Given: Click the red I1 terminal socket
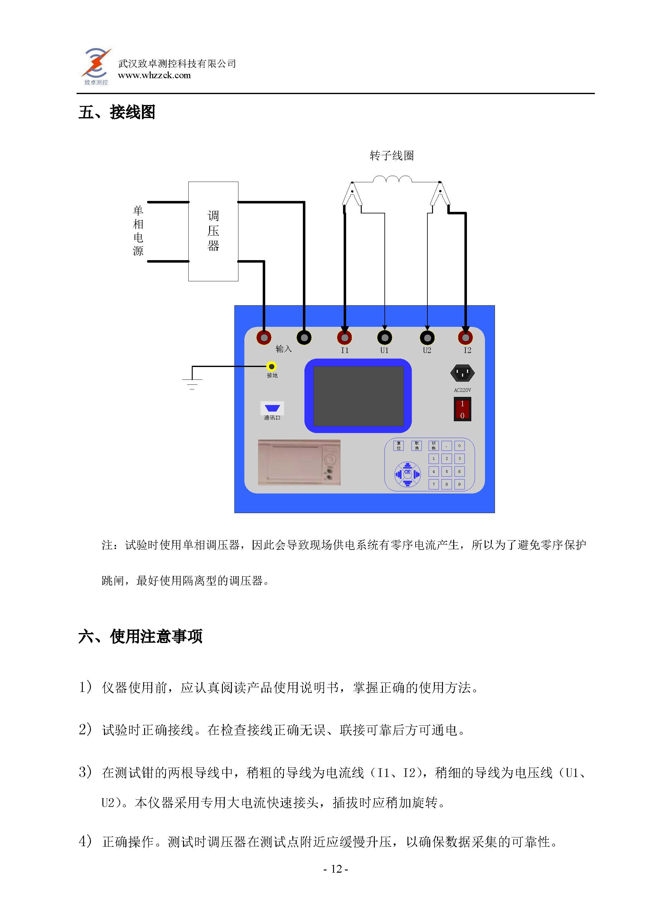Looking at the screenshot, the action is [344, 337].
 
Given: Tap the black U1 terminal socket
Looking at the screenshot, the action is [385, 337].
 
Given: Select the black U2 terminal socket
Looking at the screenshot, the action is [427, 337].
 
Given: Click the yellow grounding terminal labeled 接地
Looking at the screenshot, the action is [272, 366].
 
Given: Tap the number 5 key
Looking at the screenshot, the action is [446, 471].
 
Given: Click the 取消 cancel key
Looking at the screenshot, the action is [417, 446].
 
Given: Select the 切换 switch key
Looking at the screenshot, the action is [433, 446].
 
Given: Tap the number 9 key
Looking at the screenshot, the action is [459, 484].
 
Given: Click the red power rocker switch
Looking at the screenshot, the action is [462, 409].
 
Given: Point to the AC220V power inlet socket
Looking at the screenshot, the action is [462, 373].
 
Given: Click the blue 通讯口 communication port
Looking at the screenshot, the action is [272, 408].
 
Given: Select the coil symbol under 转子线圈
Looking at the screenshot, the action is [392, 179].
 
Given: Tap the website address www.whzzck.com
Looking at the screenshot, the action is [154, 75].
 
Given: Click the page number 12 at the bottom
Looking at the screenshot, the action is [336, 869].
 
